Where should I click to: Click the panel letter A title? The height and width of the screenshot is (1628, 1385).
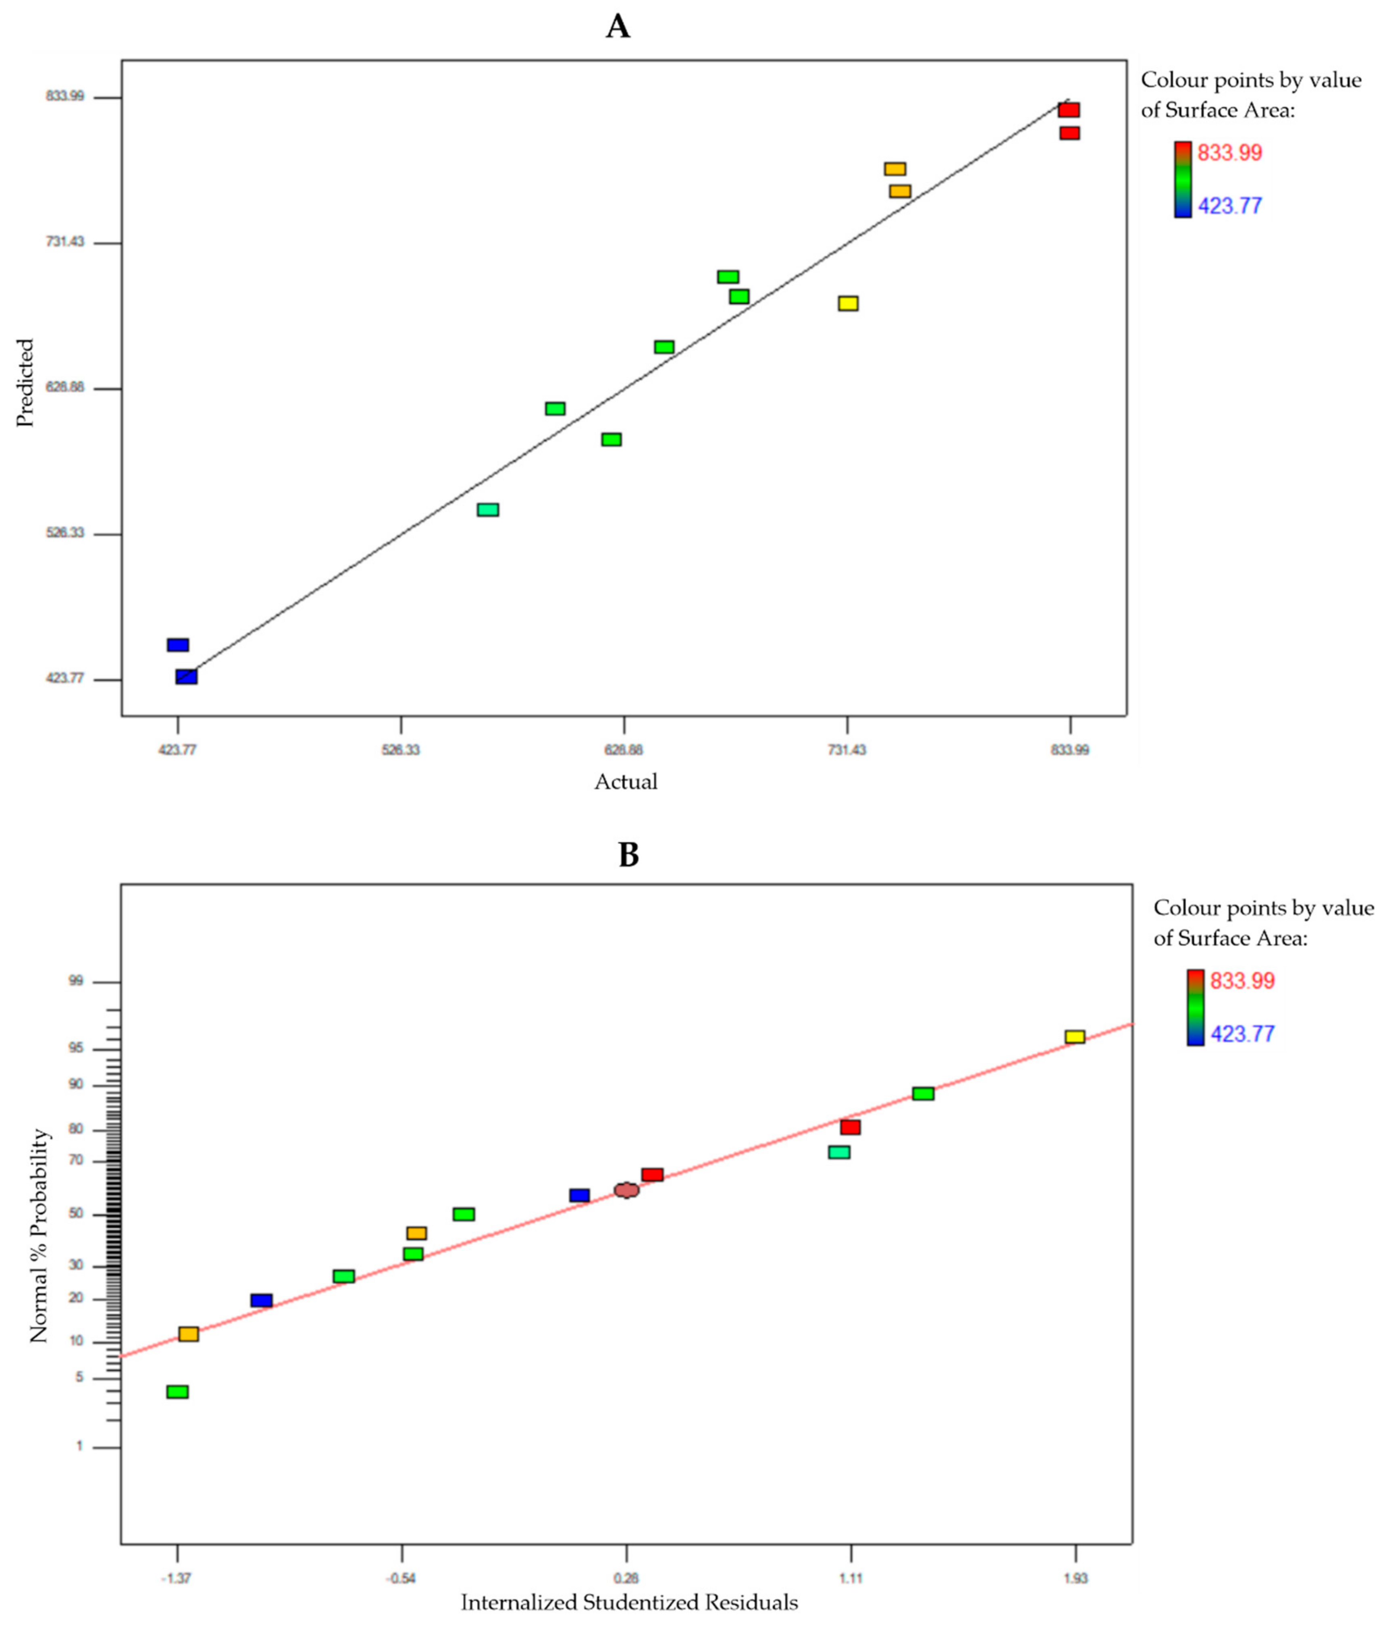click(x=618, y=27)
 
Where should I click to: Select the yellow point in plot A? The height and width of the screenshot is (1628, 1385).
click(x=848, y=303)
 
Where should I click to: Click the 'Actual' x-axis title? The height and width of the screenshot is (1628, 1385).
click(x=626, y=782)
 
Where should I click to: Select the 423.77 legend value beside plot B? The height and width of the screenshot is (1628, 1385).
click(x=1242, y=1034)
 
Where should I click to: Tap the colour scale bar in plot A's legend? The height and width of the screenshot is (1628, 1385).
click(x=1182, y=179)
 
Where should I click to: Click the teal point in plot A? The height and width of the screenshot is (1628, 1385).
click(x=488, y=509)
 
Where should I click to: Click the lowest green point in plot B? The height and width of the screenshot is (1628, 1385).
click(x=177, y=1392)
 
